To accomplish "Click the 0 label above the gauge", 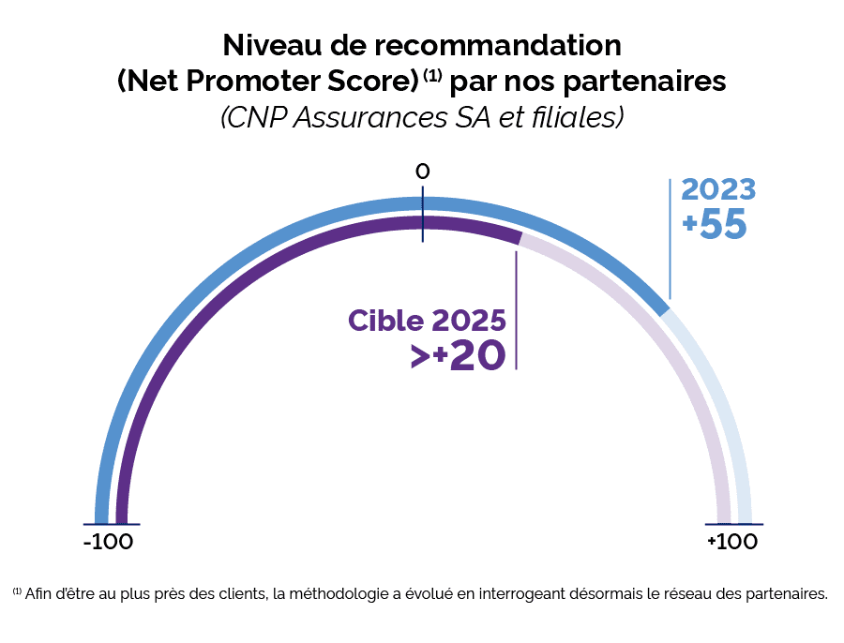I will pos(422,172).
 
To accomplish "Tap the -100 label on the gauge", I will pos(108,542).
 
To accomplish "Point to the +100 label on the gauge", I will pos(732,542).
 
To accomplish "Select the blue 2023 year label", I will pos(718,189).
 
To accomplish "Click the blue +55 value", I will pos(716,225).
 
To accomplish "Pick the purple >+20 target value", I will pos(458,356).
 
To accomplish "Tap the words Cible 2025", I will pos(428,320).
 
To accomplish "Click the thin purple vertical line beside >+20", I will pos(516,309).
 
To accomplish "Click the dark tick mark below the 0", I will pos(423,217).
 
